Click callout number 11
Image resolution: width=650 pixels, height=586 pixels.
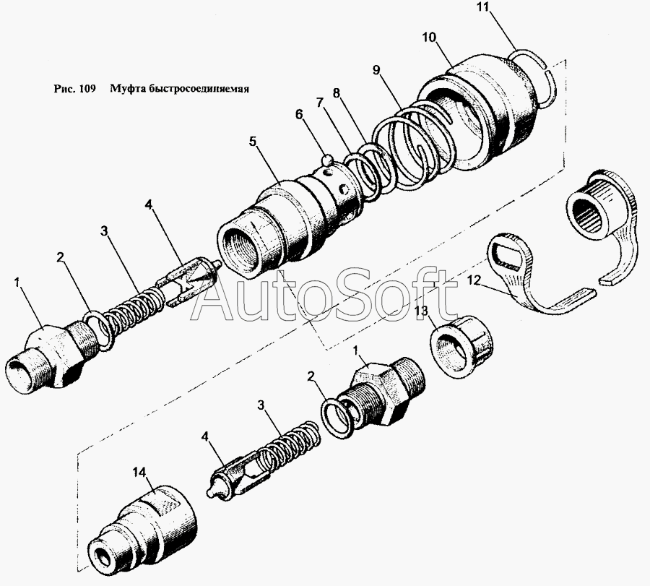point(483,7)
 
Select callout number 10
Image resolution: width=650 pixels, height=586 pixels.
point(429,38)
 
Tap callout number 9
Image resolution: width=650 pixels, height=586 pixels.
point(376,70)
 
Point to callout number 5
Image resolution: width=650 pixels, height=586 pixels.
point(253,142)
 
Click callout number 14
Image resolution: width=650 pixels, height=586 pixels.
point(139,472)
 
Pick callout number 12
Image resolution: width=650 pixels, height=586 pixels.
point(473,281)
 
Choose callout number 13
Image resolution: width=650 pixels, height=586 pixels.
point(421,311)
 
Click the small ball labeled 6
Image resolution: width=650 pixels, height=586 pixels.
point(328,160)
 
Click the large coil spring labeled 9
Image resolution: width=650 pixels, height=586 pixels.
point(415,143)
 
